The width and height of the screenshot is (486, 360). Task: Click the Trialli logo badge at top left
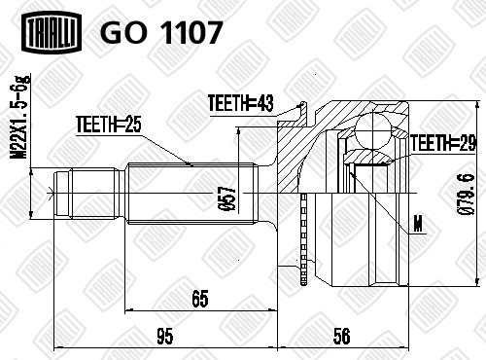52,31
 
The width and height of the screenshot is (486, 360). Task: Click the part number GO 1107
161,32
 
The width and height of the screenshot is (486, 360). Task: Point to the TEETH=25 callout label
109,125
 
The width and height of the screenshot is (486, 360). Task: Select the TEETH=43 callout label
241,103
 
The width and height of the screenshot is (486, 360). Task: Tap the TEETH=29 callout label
443,143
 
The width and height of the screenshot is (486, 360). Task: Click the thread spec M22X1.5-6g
20,117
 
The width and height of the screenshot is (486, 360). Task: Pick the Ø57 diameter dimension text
229,198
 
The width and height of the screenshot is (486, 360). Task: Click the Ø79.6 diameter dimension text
466,195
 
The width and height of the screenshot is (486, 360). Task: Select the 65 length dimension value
200,299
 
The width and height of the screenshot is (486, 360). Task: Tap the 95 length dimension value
165,337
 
